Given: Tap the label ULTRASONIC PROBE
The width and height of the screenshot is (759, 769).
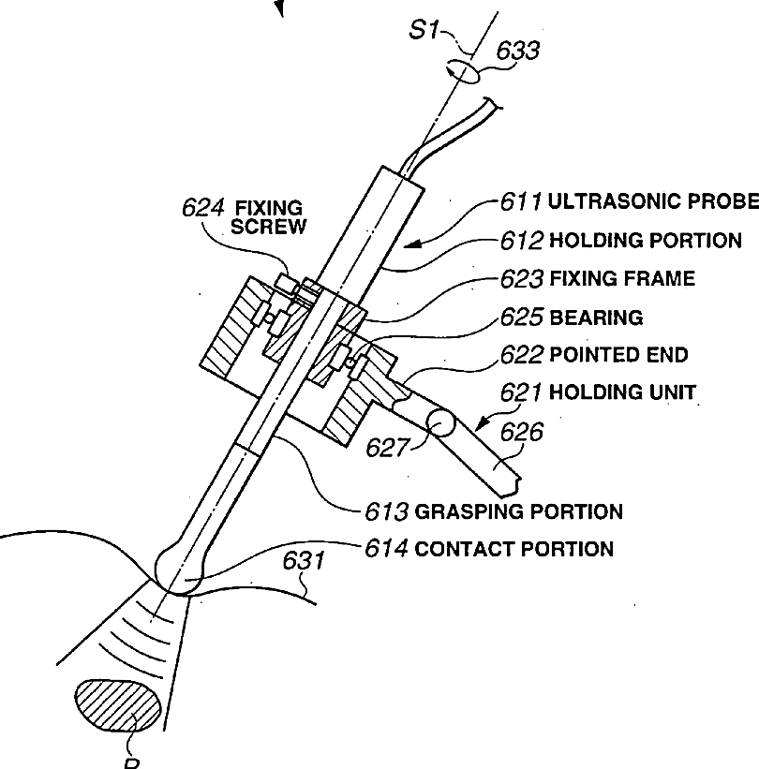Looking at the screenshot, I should [x=653, y=201].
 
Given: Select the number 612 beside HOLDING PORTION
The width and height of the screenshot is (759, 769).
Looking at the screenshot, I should [x=522, y=241].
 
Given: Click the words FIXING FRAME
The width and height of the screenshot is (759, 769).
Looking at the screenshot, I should [x=622, y=278].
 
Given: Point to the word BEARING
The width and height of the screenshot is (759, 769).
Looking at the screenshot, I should [x=596, y=318].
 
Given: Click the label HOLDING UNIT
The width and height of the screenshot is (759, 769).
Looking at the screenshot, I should [x=622, y=392].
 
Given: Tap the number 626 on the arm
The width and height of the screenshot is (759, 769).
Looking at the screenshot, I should [x=522, y=432].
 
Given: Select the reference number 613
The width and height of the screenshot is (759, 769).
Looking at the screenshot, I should [x=387, y=511].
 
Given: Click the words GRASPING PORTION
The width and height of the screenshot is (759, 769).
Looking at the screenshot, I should [x=518, y=511].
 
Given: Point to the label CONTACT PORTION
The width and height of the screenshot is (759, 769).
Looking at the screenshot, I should [x=513, y=549].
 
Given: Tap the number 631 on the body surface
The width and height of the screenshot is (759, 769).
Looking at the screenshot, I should [x=304, y=561].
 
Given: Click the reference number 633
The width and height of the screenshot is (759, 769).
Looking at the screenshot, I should [x=518, y=51].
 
